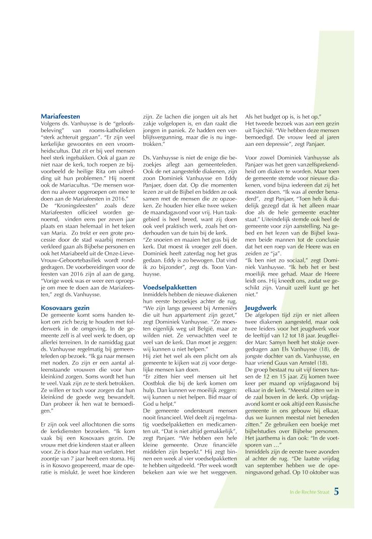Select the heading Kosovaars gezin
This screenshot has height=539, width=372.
[63, 307]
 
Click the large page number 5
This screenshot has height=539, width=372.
[336, 517]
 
